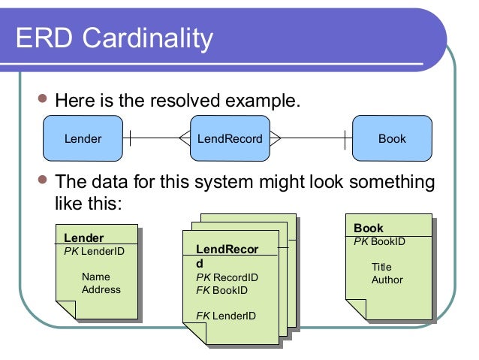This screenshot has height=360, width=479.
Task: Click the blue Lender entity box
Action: (83, 139)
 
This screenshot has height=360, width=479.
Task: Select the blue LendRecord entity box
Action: (230, 139)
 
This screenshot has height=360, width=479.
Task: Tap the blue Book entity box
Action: (392, 139)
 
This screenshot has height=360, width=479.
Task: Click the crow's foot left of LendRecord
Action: (185, 138)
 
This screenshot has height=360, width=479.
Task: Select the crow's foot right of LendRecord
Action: (275, 138)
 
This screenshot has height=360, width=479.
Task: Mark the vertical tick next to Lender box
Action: (130, 138)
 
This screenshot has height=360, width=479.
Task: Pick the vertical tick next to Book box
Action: (345, 138)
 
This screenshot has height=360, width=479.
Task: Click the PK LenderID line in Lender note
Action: (94, 251)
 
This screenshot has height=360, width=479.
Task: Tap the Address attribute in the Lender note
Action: (101, 289)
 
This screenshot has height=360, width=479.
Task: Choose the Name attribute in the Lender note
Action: (95, 277)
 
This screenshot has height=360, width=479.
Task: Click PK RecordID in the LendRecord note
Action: (227, 277)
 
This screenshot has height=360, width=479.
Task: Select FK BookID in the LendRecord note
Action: (221, 289)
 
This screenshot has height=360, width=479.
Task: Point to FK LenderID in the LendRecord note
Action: (226, 315)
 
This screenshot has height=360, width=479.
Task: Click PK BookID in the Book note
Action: (379, 241)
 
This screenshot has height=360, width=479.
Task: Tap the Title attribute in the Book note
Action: (381, 267)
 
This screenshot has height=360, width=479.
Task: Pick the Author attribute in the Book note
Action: (387, 280)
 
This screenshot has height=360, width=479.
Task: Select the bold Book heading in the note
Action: (368, 228)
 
